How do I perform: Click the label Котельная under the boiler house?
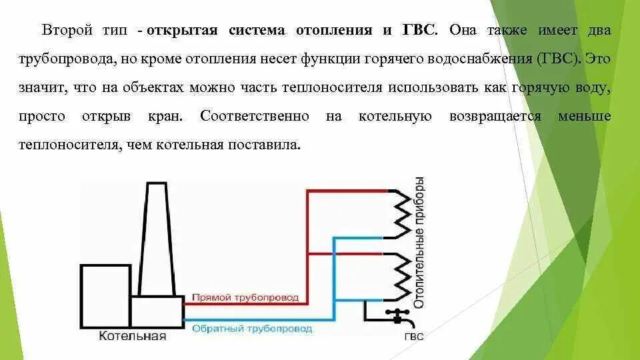(132, 335)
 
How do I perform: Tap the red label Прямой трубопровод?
(245, 297)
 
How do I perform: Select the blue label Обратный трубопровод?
(251, 329)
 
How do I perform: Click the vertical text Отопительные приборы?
(419, 243)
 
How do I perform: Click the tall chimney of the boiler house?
(157, 240)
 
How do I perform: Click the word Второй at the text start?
(67, 30)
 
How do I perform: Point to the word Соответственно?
(254, 116)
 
